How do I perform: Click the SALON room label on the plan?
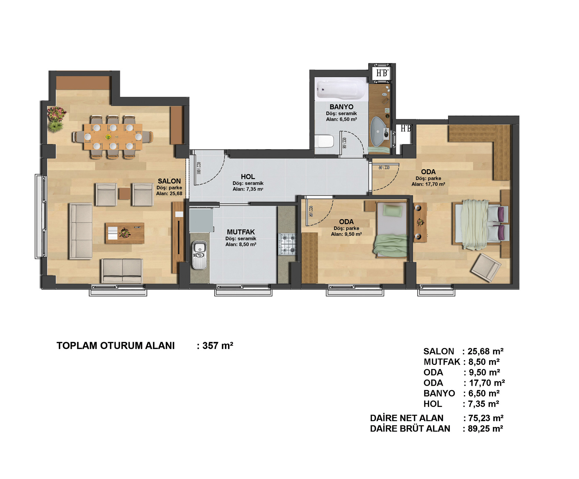point(169,181)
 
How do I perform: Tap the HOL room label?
point(248,177)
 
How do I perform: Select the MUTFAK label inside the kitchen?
point(241,232)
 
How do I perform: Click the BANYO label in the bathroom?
point(341,107)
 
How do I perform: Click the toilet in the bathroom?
point(324,141)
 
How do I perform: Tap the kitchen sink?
point(199,254)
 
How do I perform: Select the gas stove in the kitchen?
point(288,244)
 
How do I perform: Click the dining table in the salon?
point(113,137)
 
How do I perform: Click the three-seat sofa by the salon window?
point(81,231)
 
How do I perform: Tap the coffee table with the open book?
point(125,233)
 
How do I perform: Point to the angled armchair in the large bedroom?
point(486,267)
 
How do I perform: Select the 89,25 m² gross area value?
point(485,429)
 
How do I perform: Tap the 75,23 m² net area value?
point(486,418)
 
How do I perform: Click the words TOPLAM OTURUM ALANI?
point(115,346)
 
